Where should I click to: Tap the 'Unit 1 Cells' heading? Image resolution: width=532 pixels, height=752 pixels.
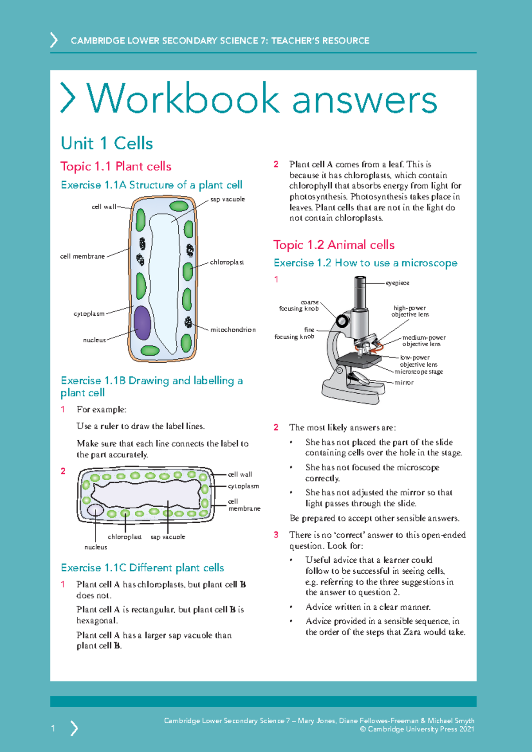[107, 144]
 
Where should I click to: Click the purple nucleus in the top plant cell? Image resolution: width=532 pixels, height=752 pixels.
[142, 322]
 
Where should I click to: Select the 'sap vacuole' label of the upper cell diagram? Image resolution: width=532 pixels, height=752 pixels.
[227, 200]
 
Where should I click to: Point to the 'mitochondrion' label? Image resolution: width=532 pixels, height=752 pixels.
[233, 330]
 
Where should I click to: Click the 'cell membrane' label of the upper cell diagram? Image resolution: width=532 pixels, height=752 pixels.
[82, 256]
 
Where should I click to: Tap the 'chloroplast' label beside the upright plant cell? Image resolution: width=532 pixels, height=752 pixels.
[227, 262]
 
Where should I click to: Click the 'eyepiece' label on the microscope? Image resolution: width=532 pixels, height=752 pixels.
[397, 283]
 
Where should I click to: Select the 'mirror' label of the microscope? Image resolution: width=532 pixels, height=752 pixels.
[404, 383]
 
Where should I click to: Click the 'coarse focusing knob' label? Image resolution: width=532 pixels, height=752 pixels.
[299, 305]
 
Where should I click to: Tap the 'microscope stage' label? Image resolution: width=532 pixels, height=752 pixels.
[419, 372]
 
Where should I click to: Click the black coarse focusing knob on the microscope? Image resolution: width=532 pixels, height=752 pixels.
[342, 320]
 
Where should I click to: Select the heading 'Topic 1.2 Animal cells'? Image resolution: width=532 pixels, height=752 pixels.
[334, 245]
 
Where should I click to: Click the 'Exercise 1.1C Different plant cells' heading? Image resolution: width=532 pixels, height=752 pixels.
[142, 568]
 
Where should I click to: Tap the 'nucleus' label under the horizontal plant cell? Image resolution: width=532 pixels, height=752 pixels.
[96, 547]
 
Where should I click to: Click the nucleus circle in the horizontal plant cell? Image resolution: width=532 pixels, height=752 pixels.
[95, 510]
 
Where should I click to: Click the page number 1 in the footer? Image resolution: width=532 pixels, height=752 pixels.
[53, 728]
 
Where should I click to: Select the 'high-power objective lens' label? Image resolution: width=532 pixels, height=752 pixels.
[410, 311]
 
